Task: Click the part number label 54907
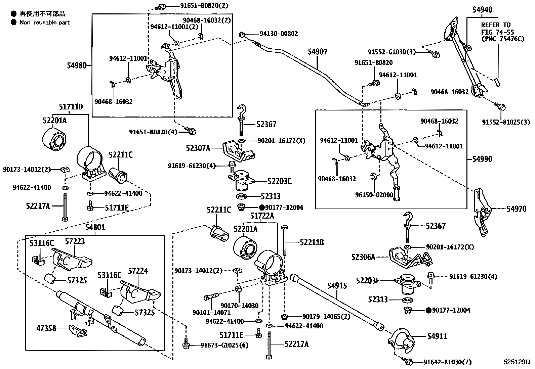pyautogui.click(x=318, y=52)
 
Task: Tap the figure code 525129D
pyautogui.click(x=516, y=362)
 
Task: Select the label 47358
pyautogui.click(x=46, y=328)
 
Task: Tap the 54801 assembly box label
pyautogui.click(x=95, y=227)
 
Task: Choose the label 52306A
pyautogui.click(x=363, y=257)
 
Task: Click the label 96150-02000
pyautogui.click(x=374, y=195)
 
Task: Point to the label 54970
pyautogui.click(x=517, y=209)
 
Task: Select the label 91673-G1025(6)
pyautogui.click(x=224, y=345)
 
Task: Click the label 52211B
pyautogui.click(x=312, y=242)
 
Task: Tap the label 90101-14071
pyautogui.click(x=207, y=312)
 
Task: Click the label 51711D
pyautogui.click(x=71, y=107)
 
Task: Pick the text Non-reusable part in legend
pyautogui.click(x=44, y=22)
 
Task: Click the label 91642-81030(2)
pyautogui.click(x=447, y=362)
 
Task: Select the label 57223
pyautogui.click(x=75, y=241)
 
